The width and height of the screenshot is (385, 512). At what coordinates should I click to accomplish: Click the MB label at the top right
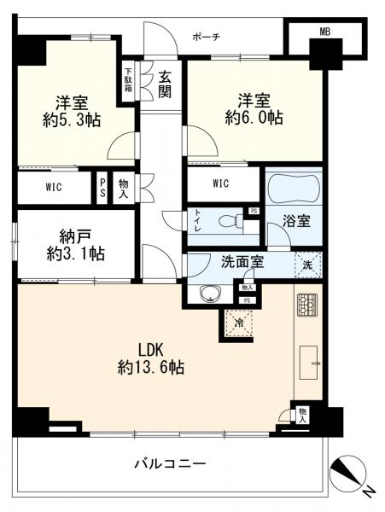(x=324, y=32)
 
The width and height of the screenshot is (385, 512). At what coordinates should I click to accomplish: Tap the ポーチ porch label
(x=206, y=37)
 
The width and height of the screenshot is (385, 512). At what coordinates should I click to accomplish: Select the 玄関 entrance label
(x=165, y=82)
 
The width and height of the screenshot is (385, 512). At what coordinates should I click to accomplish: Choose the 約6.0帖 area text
(x=254, y=119)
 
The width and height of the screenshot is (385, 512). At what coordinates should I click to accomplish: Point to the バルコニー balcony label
(x=169, y=464)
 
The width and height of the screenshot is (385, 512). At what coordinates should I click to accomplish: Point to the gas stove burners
(x=306, y=305)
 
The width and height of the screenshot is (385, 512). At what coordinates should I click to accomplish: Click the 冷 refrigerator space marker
(x=240, y=323)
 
